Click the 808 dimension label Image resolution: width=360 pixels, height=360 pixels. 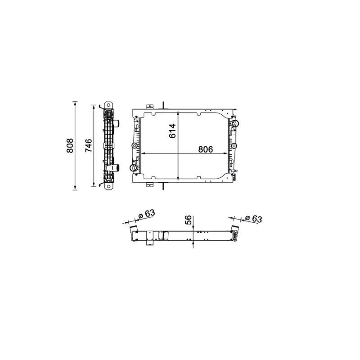point(70,145)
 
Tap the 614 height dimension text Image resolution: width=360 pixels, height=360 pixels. point(172,131)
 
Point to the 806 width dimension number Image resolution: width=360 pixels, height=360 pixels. point(203,149)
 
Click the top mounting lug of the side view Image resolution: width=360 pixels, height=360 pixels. point(108,105)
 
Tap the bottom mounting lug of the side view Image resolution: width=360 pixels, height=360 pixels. point(108,184)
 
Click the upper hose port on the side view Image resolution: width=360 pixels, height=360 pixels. point(116,123)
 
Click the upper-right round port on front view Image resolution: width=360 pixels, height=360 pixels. point(234,123)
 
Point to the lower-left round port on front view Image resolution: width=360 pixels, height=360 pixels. point(134,168)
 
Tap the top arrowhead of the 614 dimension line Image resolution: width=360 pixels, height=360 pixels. point(179,112)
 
